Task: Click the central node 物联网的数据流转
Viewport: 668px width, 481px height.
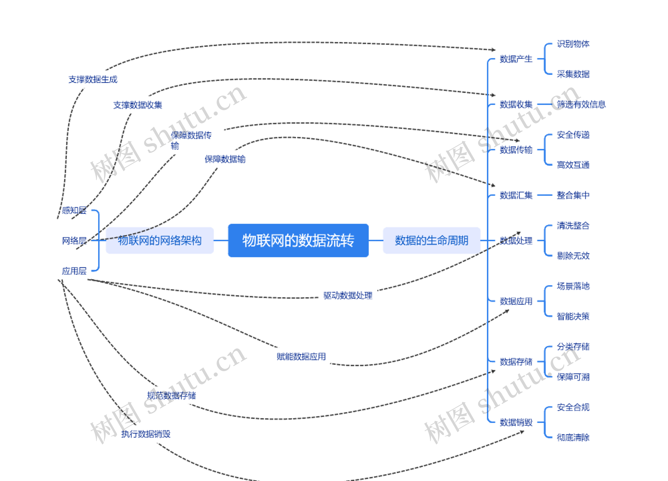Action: pyautogui.click(x=298, y=240)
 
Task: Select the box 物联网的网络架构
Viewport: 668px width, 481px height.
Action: pyautogui.click(x=160, y=240)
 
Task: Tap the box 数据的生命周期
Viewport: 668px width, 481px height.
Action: pyautogui.click(x=432, y=240)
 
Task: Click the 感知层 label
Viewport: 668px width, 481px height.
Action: pyautogui.click(x=74, y=210)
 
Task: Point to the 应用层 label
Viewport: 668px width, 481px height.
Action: pyautogui.click(x=74, y=271)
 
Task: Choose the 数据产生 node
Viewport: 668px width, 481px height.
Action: pyautogui.click(x=516, y=59)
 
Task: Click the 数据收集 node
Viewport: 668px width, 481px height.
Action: pyautogui.click(x=516, y=104)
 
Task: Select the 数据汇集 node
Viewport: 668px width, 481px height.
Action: pyautogui.click(x=516, y=195)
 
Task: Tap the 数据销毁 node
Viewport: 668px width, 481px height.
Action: pyautogui.click(x=516, y=422)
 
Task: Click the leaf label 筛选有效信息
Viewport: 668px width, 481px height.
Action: pyautogui.click(x=581, y=104)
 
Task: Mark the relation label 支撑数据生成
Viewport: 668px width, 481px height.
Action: pyautogui.click(x=93, y=79)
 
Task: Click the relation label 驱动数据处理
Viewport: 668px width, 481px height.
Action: pyautogui.click(x=348, y=295)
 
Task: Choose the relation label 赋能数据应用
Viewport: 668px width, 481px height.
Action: pyautogui.click(x=301, y=357)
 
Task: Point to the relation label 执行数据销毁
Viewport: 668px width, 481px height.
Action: pyautogui.click(x=146, y=434)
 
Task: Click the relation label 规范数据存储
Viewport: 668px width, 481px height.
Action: pyautogui.click(x=171, y=396)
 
